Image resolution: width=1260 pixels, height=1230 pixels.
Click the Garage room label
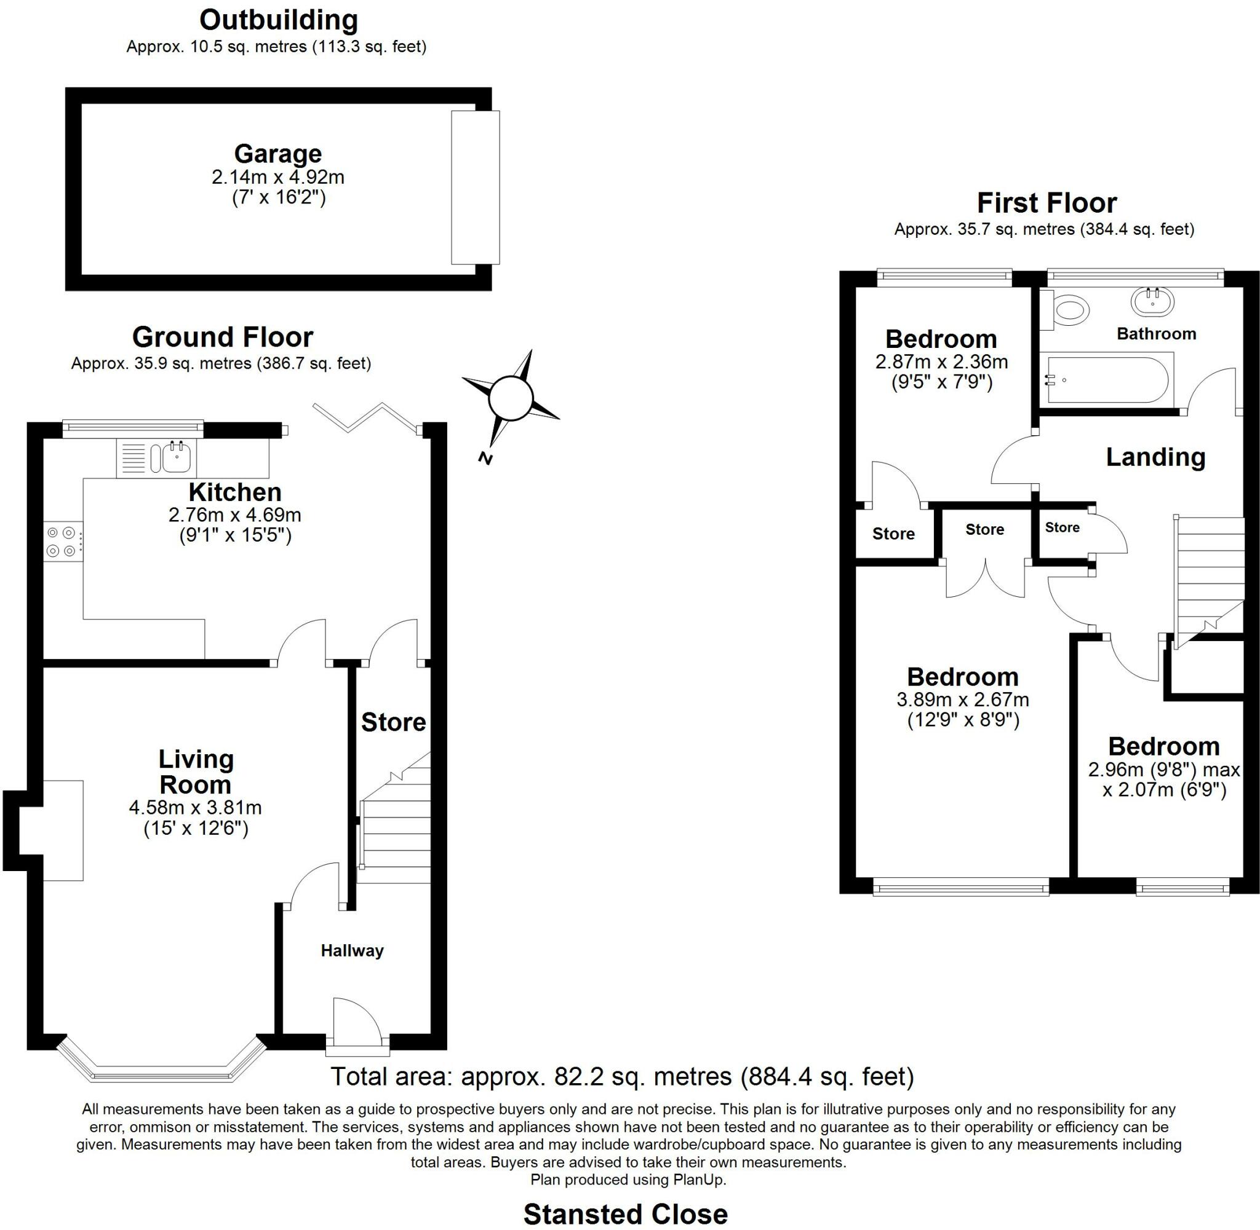click(278, 154)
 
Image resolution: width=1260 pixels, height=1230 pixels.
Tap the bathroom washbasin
click(1153, 301)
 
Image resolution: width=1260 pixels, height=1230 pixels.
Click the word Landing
click(1155, 457)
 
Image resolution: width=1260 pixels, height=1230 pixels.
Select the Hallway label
click(353, 950)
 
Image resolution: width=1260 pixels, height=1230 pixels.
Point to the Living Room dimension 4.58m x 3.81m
click(195, 808)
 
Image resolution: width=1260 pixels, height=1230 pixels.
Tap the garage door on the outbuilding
click(475, 187)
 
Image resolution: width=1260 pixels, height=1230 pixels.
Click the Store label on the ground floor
click(393, 722)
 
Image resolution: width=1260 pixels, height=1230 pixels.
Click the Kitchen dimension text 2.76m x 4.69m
click(234, 515)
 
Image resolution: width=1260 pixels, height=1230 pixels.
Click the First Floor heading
click(1047, 203)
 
